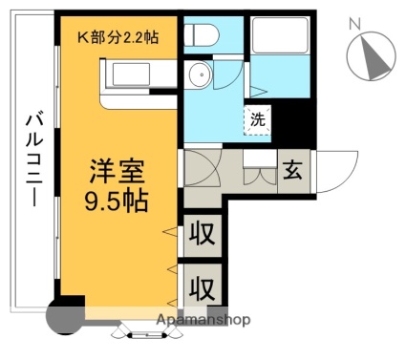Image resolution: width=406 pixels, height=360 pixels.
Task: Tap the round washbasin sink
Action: click(x=200, y=74)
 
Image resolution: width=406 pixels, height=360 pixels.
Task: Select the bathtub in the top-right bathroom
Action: click(x=280, y=34)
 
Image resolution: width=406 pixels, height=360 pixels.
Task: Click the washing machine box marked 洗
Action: click(x=258, y=120)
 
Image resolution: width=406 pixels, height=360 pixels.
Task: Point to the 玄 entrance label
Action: click(x=292, y=170)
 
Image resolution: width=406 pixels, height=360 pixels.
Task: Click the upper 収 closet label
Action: click(x=202, y=234)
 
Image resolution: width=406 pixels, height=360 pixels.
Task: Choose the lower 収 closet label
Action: click(x=202, y=288)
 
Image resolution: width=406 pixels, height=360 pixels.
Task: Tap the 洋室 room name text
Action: click(x=117, y=172)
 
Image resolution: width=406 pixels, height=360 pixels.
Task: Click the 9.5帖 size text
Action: click(x=117, y=201)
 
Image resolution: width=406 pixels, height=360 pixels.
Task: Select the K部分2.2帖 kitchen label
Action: click(x=118, y=37)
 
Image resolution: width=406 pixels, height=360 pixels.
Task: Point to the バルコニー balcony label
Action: click(x=34, y=160)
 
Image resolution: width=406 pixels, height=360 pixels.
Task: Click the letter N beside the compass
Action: click(x=354, y=24)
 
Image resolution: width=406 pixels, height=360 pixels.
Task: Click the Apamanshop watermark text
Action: click(x=203, y=320)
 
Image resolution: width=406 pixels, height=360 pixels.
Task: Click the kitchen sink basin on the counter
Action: click(x=131, y=74)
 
